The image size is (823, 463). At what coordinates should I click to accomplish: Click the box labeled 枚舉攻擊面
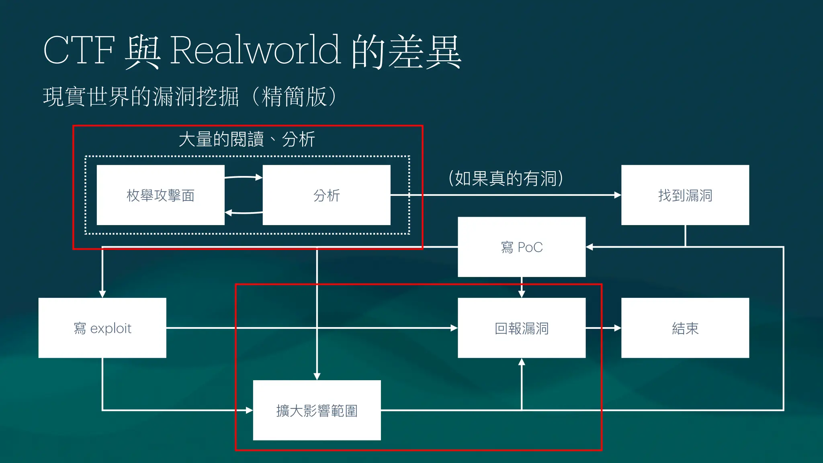coord(160,195)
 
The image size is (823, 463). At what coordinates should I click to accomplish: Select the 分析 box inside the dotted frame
coord(326,195)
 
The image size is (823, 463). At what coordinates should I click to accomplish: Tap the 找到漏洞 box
coord(685,195)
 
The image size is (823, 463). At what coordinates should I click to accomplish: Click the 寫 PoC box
coord(521,247)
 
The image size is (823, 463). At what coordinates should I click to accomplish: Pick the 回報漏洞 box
coord(521,328)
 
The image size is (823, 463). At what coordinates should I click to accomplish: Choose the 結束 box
coord(685,328)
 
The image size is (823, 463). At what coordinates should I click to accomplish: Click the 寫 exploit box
coord(102,328)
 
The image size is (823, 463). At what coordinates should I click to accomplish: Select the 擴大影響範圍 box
coord(317,410)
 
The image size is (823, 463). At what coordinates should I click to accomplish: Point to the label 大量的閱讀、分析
coord(247,139)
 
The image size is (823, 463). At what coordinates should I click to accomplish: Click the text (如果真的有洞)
coord(506,178)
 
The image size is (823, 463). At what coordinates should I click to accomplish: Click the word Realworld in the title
coord(256,50)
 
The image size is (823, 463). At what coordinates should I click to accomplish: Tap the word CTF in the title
coord(79,50)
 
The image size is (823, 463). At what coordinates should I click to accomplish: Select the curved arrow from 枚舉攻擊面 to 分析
coord(243,177)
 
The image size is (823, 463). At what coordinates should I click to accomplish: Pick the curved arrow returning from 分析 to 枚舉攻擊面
coord(243,213)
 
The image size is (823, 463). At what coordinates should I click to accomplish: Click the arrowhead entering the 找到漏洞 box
coord(618,195)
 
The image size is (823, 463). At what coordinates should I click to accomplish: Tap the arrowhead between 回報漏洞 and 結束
coord(618,328)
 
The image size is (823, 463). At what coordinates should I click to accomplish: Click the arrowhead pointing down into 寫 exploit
coord(102,294)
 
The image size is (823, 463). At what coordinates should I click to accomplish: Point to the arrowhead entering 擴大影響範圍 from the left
coord(249,410)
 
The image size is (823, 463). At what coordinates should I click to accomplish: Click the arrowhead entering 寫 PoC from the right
coord(590,247)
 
